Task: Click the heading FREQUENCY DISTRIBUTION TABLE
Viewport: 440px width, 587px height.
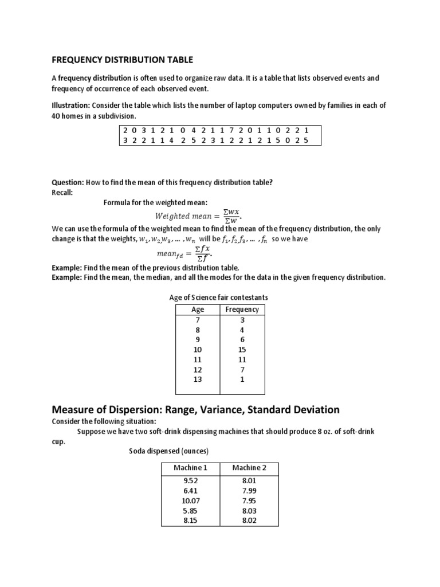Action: [123, 59]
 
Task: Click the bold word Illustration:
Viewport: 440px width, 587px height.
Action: [71, 105]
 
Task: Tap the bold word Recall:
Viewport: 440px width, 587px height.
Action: [62, 192]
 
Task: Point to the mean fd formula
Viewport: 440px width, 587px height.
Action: [184, 252]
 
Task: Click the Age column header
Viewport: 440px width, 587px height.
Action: [197, 309]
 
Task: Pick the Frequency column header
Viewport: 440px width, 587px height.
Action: [242, 309]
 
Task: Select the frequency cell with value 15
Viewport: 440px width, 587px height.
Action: [242, 350]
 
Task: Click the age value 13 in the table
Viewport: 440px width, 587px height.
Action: [197, 379]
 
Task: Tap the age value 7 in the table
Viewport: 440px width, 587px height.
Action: [197, 320]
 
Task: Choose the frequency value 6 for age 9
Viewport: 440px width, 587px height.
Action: [242, 339]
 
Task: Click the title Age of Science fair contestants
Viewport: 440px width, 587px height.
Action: [218, 298]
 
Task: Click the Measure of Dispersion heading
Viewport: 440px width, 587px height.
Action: [195, 410]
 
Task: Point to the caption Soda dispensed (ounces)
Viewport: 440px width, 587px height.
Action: [169, 451]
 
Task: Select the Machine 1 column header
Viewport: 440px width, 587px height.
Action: [190, 468]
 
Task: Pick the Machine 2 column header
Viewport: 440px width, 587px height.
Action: [249, 468]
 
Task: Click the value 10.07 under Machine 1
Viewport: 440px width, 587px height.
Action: [190, 500]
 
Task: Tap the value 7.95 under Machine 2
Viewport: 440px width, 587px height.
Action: [249, 500]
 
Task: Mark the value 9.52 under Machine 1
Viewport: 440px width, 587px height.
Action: [190, 481]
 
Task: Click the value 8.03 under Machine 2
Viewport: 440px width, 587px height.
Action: [249, 510]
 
